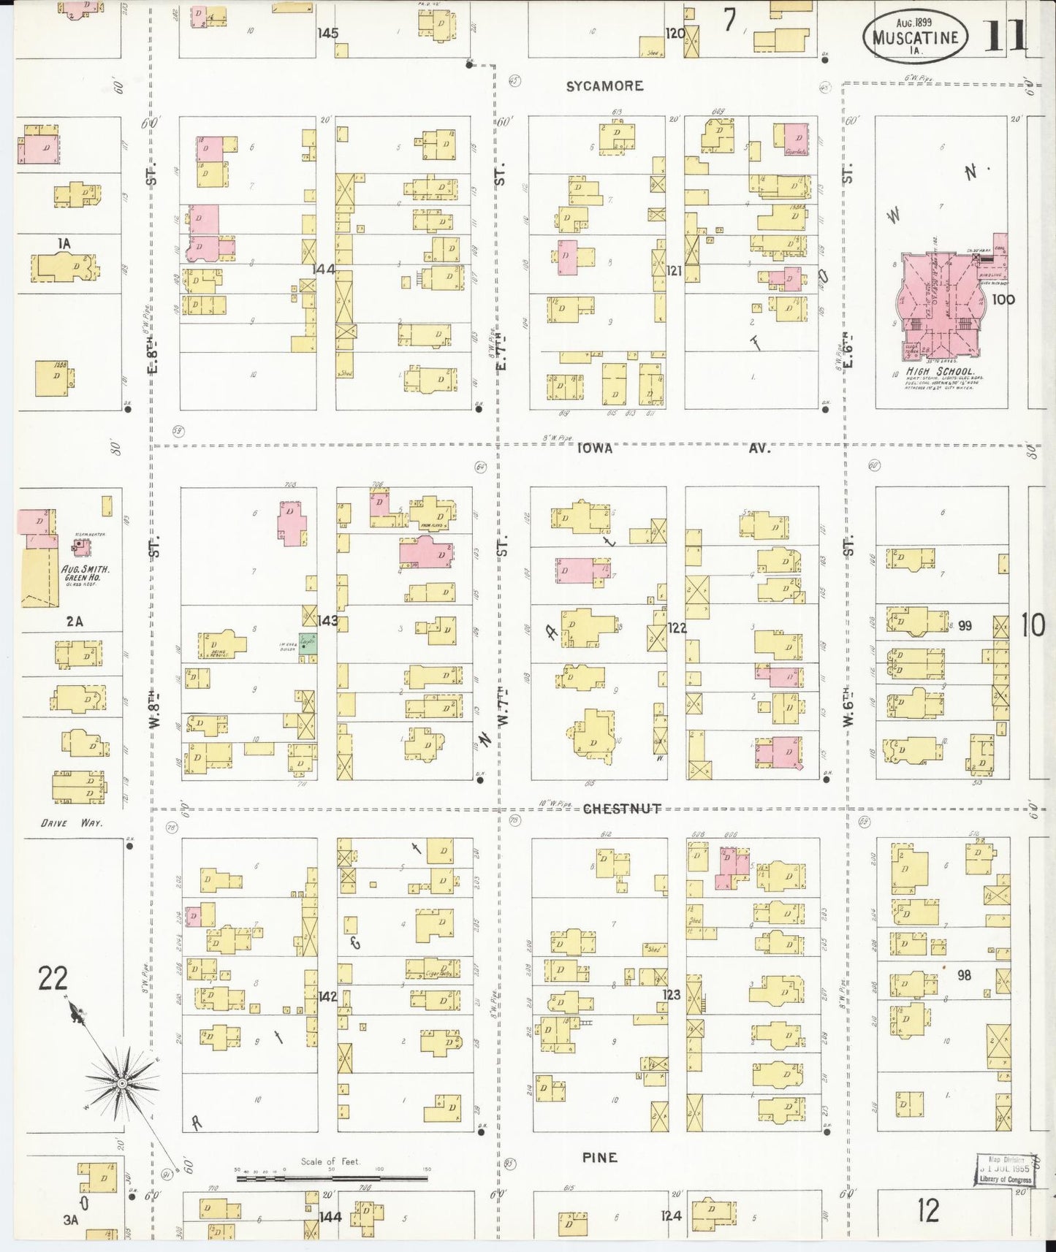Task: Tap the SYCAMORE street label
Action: click(604, 86)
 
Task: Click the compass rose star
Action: click(123, 1081)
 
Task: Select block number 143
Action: click(327, 621)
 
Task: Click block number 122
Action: click(677, 627)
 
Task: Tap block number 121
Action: click(674, 271)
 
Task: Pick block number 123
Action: click(671, 994)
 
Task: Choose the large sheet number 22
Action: click(53, 978)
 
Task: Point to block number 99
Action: click(965, 626)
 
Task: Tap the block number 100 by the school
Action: click(1003, 299)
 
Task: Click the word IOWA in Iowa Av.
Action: click(595, 448)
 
